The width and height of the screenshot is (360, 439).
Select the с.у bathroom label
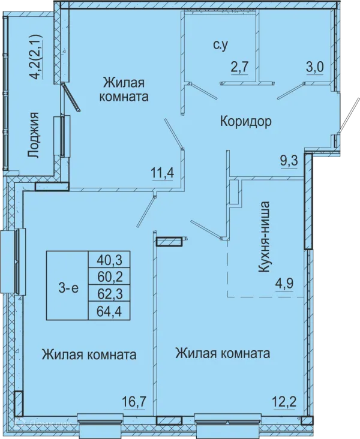[220, 46]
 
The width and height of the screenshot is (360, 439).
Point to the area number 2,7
[239, 68]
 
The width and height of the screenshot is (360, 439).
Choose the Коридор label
[245, 122]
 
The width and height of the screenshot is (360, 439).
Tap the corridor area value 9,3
[289, 161]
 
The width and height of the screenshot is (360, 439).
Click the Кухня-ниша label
[264, 236]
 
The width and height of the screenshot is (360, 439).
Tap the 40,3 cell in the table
[109, 260]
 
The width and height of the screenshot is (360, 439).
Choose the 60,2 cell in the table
[109, 276]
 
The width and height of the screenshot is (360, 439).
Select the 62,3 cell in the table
[109, 294]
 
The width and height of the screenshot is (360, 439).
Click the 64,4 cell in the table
[109, 311]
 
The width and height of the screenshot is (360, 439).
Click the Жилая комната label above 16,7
[89, 354]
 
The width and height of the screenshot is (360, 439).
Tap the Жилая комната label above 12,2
[223, 353]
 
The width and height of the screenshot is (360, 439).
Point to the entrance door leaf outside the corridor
[348, 115]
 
